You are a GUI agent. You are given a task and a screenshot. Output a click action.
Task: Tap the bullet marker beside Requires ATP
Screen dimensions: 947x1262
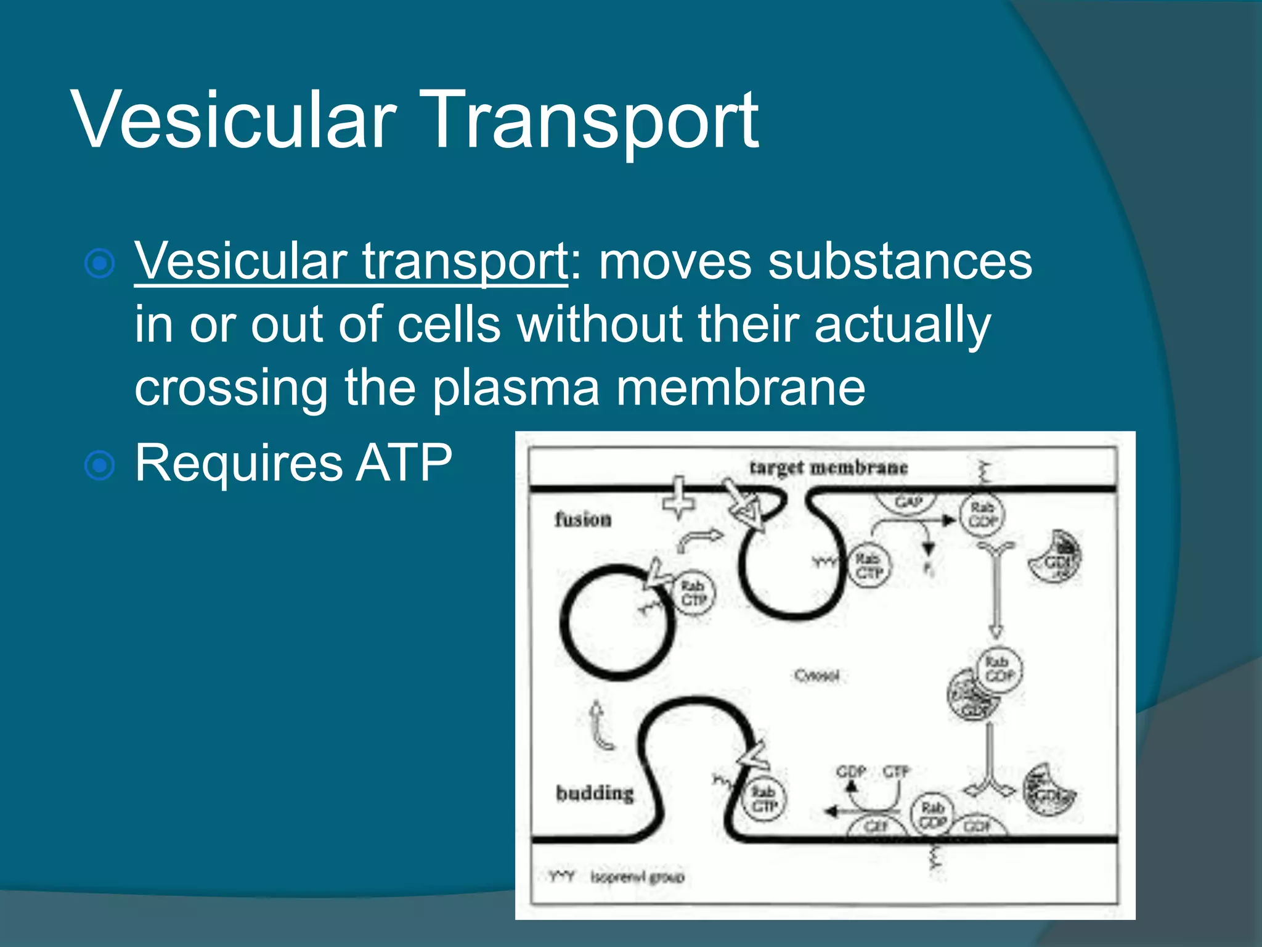pyautogui.click(x=99, y=465)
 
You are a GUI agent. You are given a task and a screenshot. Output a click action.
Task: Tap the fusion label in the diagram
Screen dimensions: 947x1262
pyautogui.click(x=583, y=520)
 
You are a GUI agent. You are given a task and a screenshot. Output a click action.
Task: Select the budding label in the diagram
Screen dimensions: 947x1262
pyautogui.click(x=595, y=793)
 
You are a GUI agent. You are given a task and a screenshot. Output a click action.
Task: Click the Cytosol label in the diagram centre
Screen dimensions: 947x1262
pyautogui.click(x=816, y=676)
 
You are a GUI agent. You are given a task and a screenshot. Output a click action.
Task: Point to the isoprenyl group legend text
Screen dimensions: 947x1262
pyautogui.click(x=637, y=877)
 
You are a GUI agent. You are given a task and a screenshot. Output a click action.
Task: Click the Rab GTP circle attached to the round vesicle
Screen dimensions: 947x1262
pyautogui.click(x=693, y=592)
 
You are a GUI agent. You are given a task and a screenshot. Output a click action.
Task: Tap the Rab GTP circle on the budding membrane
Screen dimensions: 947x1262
pyautogui.click(x=764, y=799)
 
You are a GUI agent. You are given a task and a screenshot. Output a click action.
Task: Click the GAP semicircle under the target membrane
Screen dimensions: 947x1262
pyautogui.click(x=908, y=501)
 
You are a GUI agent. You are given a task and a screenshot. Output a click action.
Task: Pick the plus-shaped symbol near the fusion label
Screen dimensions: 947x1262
pyautogui.click(x=678, y=497)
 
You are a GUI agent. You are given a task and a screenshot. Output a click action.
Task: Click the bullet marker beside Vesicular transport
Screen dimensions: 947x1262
pyautogui.click(x=99, y=264)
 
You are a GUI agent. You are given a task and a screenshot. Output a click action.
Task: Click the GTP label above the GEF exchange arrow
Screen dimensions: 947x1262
pyautogui.click(x=896, y=771)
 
